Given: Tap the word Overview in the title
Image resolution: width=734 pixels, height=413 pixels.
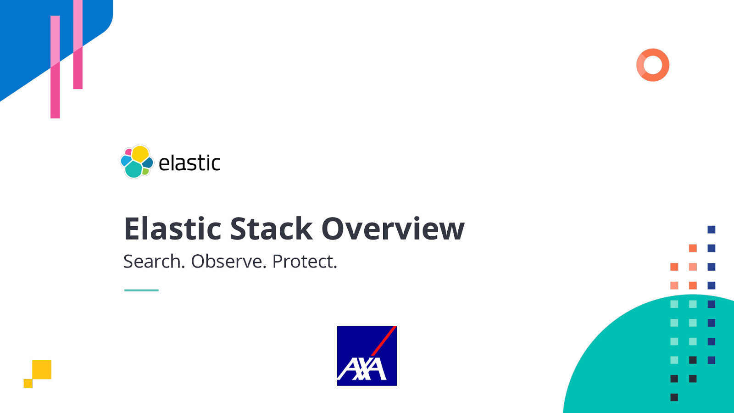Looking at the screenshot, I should coord(393,229).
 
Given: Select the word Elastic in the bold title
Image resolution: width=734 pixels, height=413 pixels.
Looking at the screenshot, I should coord(173,229).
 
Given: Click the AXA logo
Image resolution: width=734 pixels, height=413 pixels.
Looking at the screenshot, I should coord(367,356).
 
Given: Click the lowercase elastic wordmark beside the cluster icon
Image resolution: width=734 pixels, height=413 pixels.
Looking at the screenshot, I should coord(189,163).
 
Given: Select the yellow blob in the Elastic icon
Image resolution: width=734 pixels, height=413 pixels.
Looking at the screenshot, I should coord(140,153).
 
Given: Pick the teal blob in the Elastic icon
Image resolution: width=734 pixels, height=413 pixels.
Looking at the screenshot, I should coord(133,170).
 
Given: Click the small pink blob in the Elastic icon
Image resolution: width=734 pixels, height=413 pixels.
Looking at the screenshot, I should coord(128,152).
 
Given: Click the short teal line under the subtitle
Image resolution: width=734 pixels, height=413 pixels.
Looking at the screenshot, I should coord(141,290).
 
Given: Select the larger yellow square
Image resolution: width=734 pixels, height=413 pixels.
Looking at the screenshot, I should coord(42,369).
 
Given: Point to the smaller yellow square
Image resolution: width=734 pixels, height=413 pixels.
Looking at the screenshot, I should coord(28,383).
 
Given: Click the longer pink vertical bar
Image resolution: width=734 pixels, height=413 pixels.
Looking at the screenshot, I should coord(55,67).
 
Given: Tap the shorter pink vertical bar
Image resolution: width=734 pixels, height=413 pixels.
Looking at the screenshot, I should coord(78,45).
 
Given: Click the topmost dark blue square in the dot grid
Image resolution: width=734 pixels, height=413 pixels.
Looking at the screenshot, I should coord(712,229).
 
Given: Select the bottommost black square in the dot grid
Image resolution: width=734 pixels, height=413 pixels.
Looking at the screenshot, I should coord(674,397).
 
